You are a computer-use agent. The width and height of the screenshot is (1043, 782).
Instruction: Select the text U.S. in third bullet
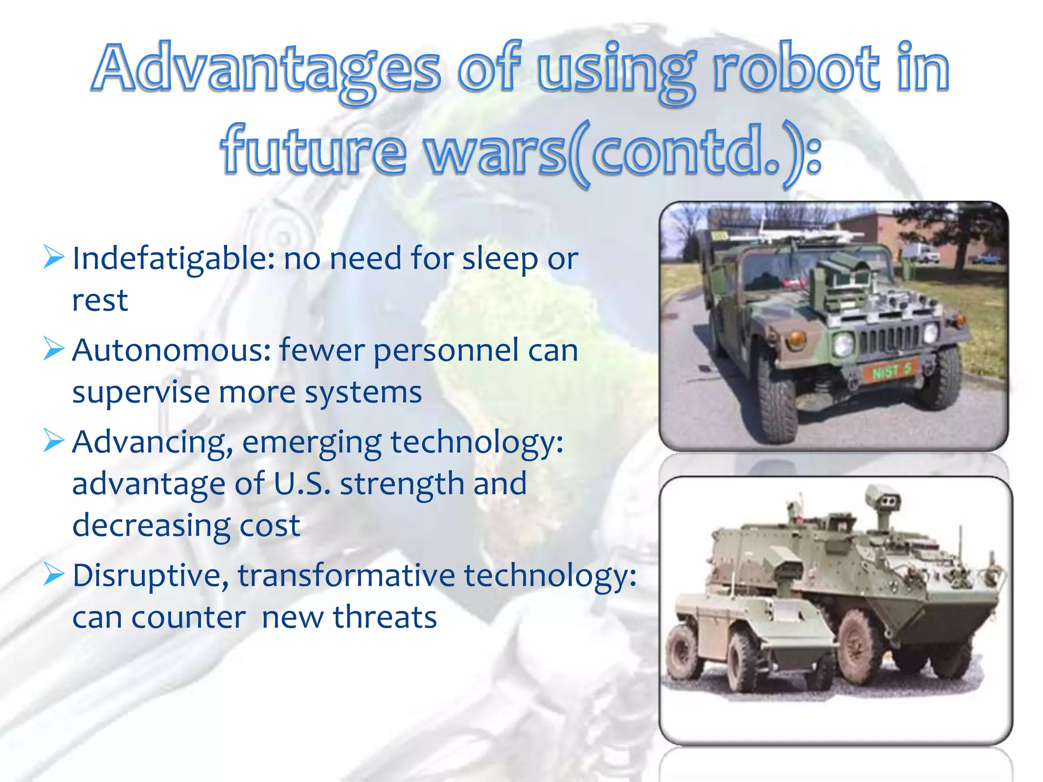(x=302, y=484)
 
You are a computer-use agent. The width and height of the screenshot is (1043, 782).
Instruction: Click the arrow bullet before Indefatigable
(x=53, y=257)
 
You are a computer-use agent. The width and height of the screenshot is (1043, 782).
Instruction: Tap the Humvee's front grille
(x=889, y=339)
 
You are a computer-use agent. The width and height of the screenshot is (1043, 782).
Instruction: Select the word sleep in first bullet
(x=500, y=259)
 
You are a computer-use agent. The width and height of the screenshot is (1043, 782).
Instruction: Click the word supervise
(x=141, y=393)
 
